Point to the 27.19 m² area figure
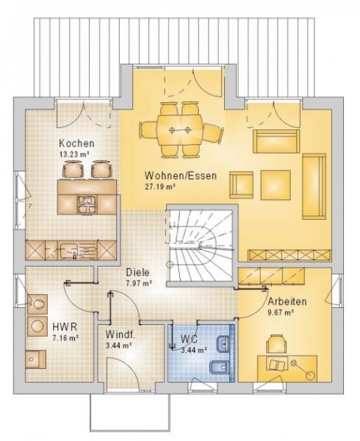point(161,187)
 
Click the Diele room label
point(137,271)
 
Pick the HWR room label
point(62,327)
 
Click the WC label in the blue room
point(190,340)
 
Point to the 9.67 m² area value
point(281,312)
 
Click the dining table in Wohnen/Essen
point(181,130)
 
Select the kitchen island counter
point(87,196)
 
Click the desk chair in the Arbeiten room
point(277,343)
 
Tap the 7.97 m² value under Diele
point(138,282)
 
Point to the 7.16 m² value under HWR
point(65,338)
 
